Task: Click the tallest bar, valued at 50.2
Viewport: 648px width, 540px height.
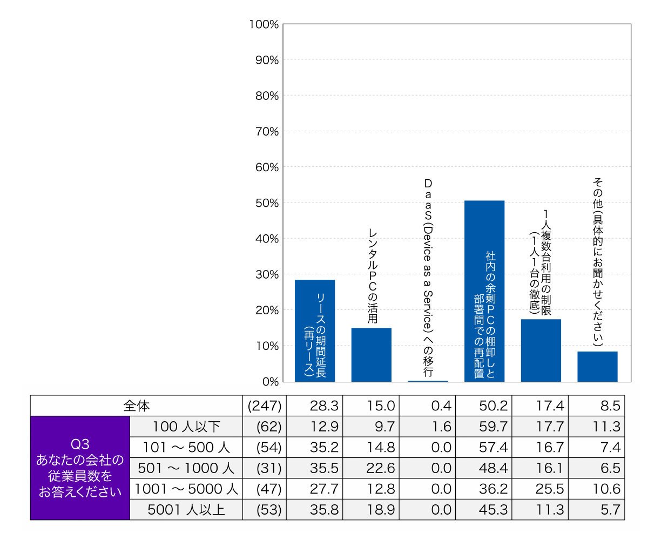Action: pos(484,291)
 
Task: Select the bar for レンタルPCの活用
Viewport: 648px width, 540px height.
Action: pos(371,355)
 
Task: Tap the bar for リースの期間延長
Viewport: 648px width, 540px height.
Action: pos(315,331)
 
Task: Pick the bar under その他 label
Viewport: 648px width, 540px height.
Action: pos(597,367)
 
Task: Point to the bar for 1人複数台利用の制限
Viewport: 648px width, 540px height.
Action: pos(541,350)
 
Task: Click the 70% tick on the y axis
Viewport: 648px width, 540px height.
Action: pos(267,132)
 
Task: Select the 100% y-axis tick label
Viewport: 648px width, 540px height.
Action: pos(264,24)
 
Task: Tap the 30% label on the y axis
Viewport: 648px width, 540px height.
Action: pos(267,275)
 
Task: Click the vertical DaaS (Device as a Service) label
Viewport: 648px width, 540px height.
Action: pos(428,278)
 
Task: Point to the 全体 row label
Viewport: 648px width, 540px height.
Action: pos(136,406)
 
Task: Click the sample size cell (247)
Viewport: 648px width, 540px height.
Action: pos(265,406)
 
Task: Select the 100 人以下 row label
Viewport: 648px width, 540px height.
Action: pos(186,427)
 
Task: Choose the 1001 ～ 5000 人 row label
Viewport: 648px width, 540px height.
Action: pos(186,489)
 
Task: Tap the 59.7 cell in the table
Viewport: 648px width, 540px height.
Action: pos(493,427)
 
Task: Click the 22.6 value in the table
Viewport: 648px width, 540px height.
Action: pos(381,468)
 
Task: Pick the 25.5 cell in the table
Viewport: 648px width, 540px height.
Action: pos(550,489)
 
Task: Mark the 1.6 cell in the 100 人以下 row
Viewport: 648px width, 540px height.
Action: pos(441,427)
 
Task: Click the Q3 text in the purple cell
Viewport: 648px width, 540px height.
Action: pos(80,444)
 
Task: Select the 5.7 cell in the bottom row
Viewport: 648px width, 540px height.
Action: pos(610,510)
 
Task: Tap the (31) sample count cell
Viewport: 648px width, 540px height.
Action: pos(269,468)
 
